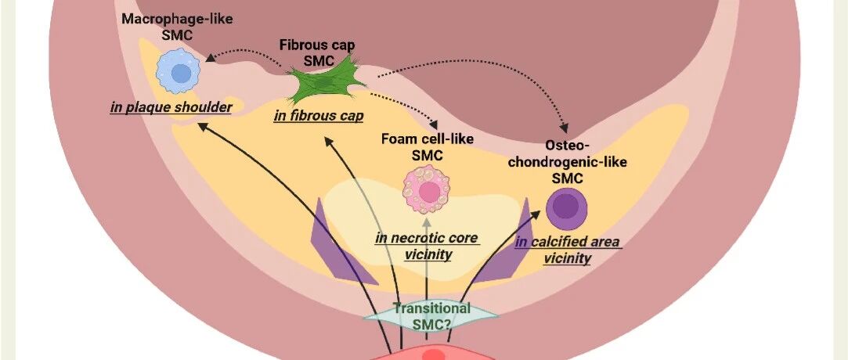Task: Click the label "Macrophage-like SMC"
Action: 168,25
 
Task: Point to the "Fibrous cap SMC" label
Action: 317,52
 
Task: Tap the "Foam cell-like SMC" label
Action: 428,146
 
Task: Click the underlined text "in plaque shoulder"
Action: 171,107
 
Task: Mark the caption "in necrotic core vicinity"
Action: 426,246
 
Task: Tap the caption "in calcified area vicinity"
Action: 568,250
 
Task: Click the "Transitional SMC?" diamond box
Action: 431,315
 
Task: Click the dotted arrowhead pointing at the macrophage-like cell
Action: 211,58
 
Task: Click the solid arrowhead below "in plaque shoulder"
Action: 201,126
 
